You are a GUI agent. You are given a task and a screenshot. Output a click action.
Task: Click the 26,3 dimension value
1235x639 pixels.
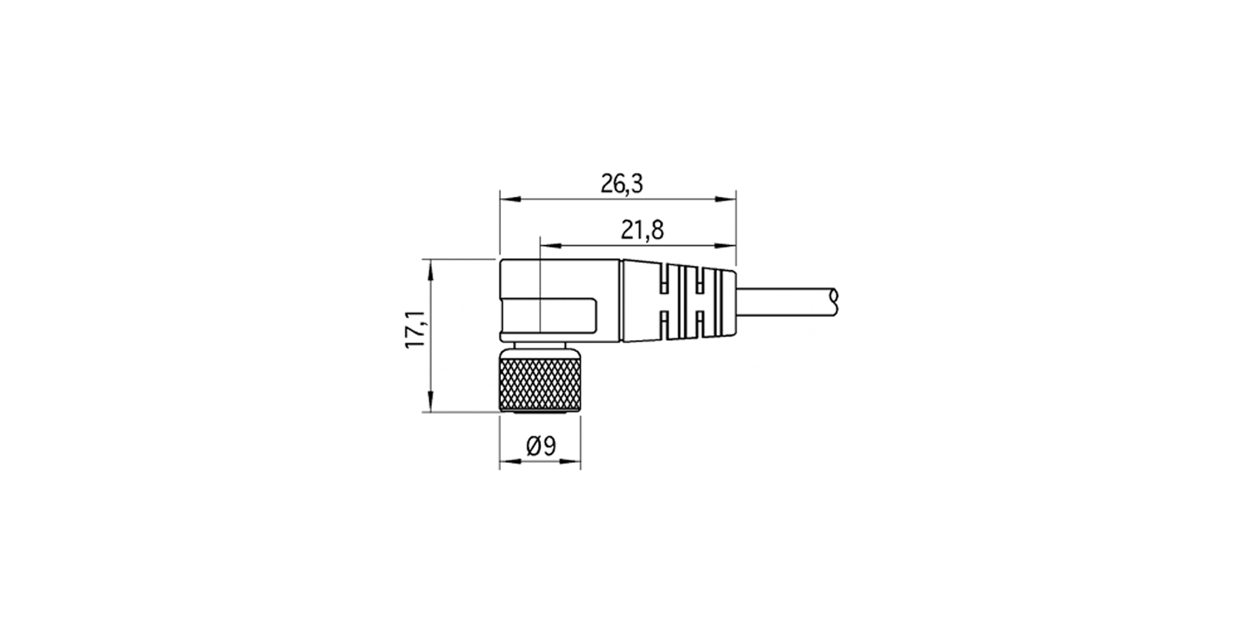(x=622, y=184)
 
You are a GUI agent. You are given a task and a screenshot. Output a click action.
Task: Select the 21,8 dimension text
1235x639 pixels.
(x=642, y=231)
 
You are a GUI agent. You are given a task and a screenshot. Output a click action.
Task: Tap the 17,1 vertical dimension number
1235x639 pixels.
(x=416, y=334)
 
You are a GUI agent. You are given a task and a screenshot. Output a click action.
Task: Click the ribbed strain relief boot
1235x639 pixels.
(x=679, y=301)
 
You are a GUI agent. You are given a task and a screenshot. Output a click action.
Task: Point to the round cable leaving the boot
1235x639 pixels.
(x=784, y=300)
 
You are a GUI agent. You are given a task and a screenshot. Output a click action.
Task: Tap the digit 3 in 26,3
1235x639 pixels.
(x=637, y=184)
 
